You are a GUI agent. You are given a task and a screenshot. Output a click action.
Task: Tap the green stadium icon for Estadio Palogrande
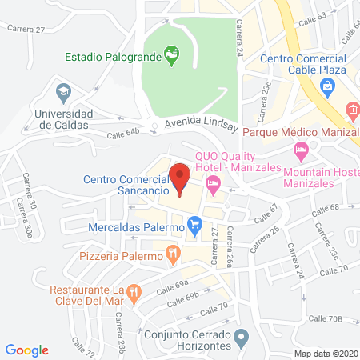170,54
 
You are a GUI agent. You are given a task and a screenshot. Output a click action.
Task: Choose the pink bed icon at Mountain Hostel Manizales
301,149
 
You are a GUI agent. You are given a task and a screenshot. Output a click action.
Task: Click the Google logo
27,350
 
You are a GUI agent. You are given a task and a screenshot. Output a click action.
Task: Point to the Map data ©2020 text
326,353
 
